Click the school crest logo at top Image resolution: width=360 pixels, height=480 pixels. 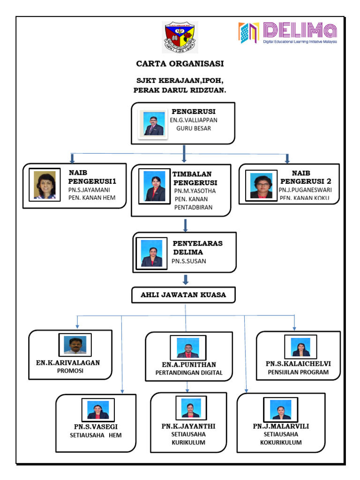[x=180, y=37]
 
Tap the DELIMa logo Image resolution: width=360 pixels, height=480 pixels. [x=288, y=33]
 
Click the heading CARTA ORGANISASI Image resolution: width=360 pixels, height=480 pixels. [x=180, y=64]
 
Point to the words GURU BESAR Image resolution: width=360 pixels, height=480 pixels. [x=193, y=128]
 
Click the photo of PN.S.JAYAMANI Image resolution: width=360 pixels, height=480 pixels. [x=45, y=185]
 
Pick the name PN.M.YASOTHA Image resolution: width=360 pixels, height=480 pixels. [x=195, y=191]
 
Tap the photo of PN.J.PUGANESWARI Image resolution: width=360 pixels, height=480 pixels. [x=261, y=186]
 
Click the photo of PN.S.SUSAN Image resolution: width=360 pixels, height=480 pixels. [x=151, y=254]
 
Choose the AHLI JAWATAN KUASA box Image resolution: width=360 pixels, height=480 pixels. [x=183, y=295]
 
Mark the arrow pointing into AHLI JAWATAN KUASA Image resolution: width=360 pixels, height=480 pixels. [x=186, y=280]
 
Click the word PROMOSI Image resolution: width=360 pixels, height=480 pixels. [x=70, y=371]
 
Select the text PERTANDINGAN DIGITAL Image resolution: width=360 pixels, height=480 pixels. [x=189, y=373]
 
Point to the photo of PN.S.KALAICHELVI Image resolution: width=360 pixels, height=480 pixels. [x=300, y=346]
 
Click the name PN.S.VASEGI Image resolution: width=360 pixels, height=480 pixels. [x=96, y=426]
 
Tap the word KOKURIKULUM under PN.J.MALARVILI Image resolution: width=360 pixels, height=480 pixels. [x=281, y=442]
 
